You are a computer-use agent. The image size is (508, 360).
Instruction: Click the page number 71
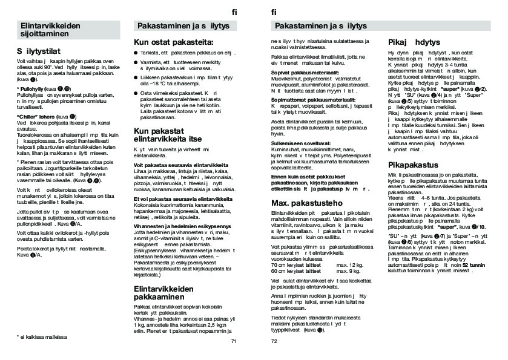coord(234,341)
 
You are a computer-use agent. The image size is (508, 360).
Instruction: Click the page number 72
coord(274,341)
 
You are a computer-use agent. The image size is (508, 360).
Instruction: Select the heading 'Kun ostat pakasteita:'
coord(173,42)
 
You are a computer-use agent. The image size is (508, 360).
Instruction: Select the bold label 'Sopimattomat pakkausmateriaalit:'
coord(313,99)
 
